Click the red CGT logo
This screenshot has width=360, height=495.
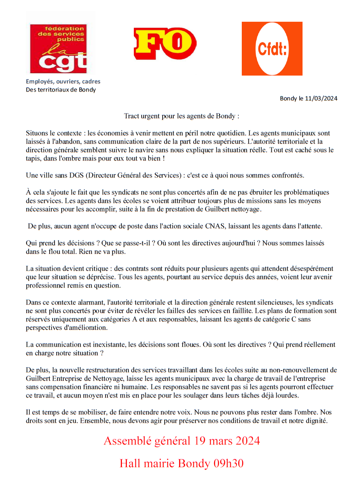[x=58, y=48]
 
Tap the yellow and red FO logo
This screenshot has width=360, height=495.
[x=165, y=44]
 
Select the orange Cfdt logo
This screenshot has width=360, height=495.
[x=272, y=48]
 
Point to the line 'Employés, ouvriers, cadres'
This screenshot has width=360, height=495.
[x=63, y=81]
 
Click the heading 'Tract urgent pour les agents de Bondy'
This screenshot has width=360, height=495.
[x=181, y=116]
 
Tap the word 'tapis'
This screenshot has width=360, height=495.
[x=33, y=158]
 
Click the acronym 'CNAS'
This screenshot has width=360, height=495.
[x=214, y=226]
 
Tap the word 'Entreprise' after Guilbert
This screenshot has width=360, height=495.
[x=71, y=378]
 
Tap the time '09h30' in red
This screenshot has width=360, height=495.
[x=228, y=463]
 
